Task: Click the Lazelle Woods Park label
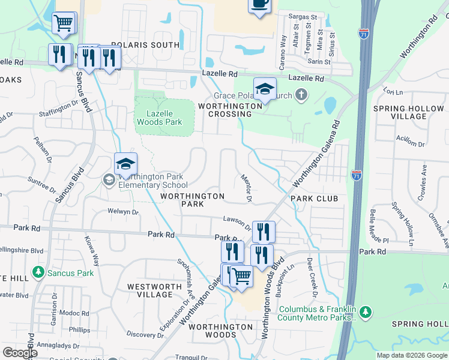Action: click(x=158, y=118)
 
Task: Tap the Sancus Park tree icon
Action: click(x=40, y=273)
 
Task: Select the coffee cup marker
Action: click(x=259, y=4)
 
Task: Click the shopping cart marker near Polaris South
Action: click(x=64, y=23)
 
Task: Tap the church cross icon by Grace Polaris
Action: click(x=301, y=95)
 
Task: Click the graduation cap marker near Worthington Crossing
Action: click(x=264, y=89)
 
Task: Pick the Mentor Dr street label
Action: click(x=246, y=187)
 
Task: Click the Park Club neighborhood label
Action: click(x=315, y=199)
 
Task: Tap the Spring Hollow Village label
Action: click(x=409, y=113)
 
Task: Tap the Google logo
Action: click(x=20, y=352)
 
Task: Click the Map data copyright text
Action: click(x=411, y=355)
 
